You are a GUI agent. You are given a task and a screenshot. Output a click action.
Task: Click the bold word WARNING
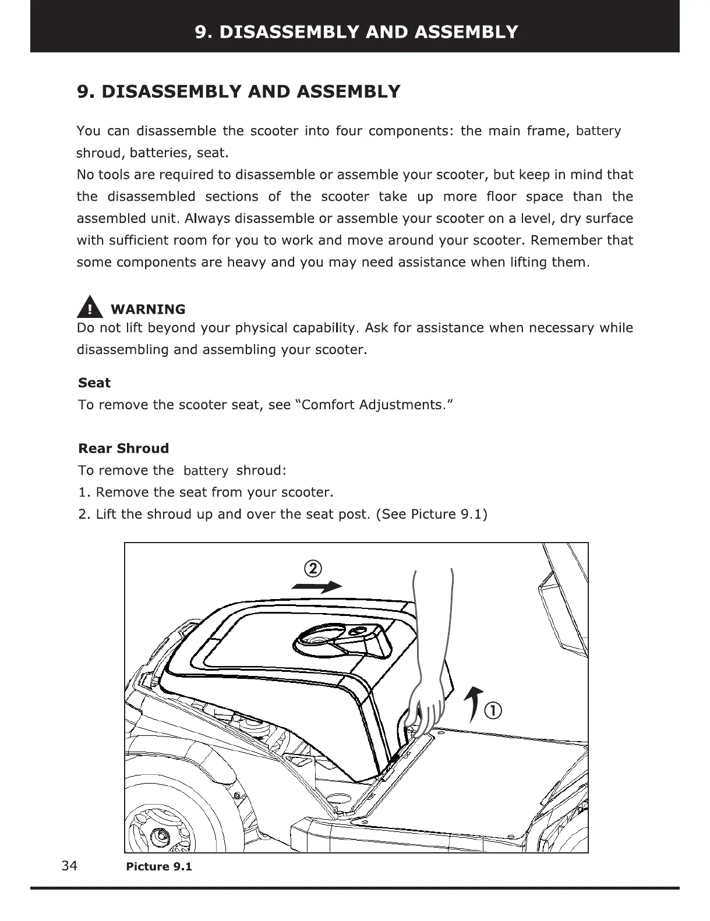[x=148, y=309]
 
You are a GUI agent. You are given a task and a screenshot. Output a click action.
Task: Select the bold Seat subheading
[x=94, y=383]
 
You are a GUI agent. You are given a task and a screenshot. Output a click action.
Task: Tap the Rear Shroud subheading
[x=123, y=448]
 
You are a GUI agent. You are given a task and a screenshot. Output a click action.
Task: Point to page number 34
[x=69, y=866]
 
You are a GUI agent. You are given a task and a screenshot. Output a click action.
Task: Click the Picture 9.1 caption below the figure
[x=159, y=867]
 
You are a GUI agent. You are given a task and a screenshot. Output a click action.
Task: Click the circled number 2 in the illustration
[x=313, y=569]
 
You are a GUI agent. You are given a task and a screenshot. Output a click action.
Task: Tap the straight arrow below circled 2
[x=316, y=587]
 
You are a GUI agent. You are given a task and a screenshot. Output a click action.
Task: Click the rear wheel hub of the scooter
[x=159, y=836]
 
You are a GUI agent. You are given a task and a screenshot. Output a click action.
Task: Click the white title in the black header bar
[x=356, y=31]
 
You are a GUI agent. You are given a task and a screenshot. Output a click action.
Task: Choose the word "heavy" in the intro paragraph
[x=246, y=262]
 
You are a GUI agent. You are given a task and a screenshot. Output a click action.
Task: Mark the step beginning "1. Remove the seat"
[x=206, y=493]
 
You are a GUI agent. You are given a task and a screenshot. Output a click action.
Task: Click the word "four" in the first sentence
[x=348, y=130]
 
